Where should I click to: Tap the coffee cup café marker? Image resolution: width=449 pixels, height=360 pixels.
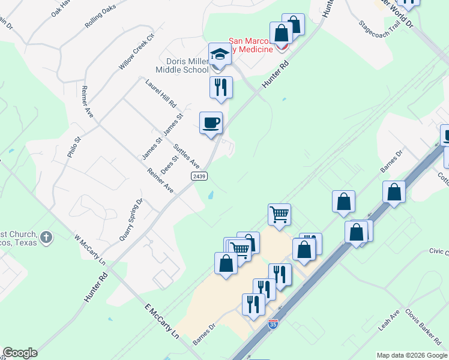click(x=211, y=123)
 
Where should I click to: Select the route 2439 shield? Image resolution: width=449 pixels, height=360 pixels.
click(x=200, y=176)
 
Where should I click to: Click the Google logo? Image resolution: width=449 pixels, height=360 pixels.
click(x=20, y=353)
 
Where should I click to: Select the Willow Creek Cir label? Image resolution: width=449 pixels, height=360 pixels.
click(x=137, y=52)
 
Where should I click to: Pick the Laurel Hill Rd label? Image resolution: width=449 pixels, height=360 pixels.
click(x=160, y=94)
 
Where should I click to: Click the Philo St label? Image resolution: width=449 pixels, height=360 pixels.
click(x=74, y=148)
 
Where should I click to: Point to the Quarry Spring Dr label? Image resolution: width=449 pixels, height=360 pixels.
click(x=131, y=219)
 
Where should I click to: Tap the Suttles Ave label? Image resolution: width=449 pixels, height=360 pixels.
click(x=186, y=155)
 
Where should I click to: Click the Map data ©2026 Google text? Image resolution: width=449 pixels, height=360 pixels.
click(x=411, y=355)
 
